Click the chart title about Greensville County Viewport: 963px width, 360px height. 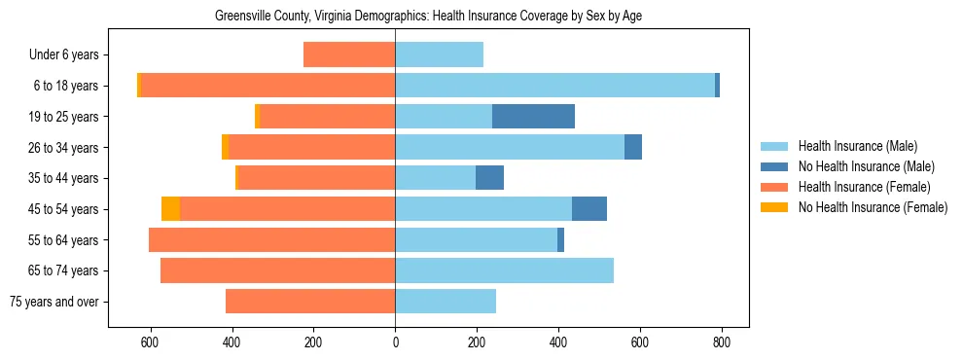pyautogui.click(x=428, y=16)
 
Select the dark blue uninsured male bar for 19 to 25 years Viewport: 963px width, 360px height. pyautogui.click(x=533, y=117)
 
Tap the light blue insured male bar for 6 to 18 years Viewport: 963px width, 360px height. pyautogui.click(x=554, y=86)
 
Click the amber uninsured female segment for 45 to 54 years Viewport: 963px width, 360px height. pyautogui.click(x=170, y=209)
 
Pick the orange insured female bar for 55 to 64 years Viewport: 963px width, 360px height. pyautogui.click(x=272, y=240)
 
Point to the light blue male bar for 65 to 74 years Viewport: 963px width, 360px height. pyautogui.click(x=504, y=270)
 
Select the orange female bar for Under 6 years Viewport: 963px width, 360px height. pyautogui.click(x=349, y=54)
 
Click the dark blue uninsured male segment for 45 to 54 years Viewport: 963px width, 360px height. pyautogui.click(x=589, y=209)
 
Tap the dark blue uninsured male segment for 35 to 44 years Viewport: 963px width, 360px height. pyautogui.click(x=489, y=178)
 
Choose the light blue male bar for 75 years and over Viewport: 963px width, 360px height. pyautogui.click(x=446, y=302)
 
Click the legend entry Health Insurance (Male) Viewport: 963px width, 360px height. pyautogui.click(x=857, y=146)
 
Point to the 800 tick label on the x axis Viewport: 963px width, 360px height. pyautogui.click(x=722, y=342)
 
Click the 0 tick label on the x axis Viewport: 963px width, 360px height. pyautogui.click(x=395, y=342)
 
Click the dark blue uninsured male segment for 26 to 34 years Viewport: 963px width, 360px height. pyautogui.click(x=633, y=147)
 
